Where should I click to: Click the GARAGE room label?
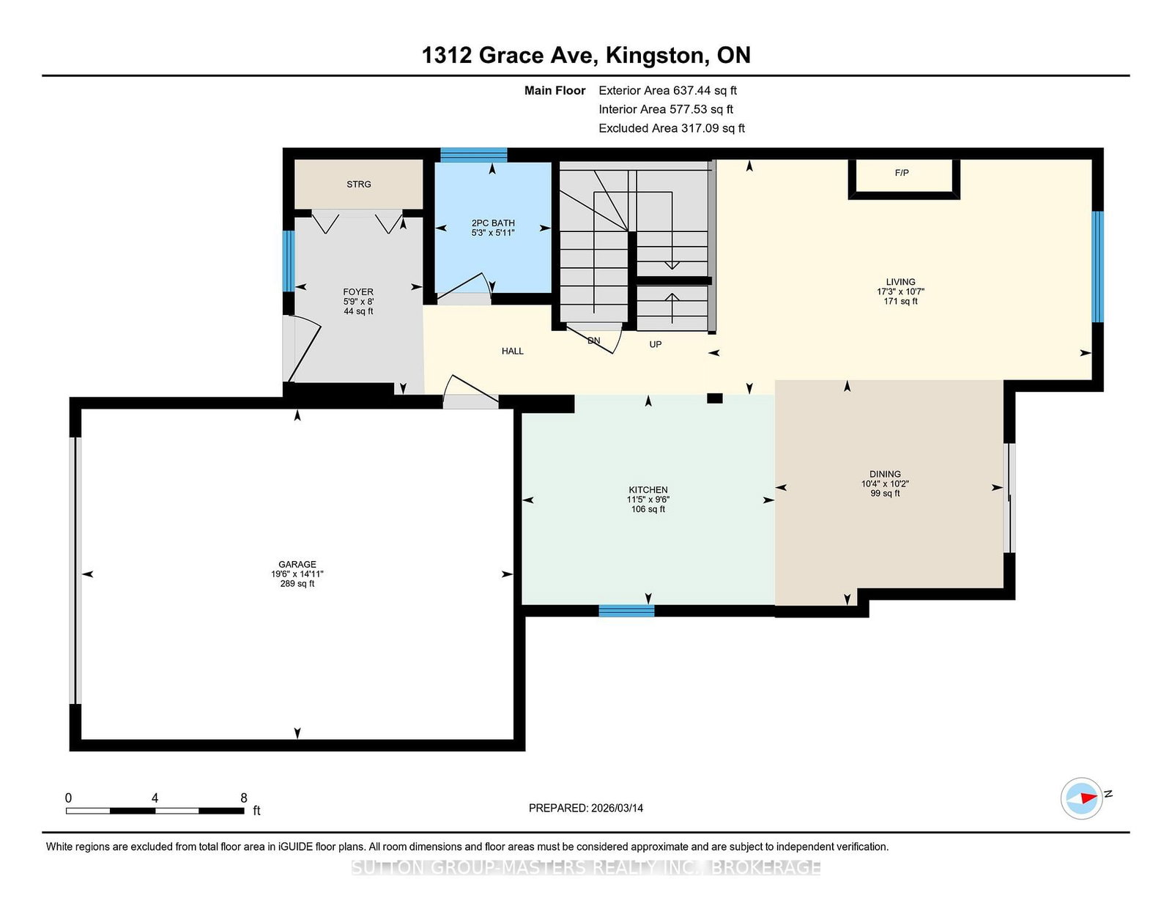click(297, 565)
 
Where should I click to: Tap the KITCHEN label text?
click(648, 490)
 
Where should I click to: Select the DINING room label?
click(885, 474)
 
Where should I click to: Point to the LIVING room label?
click(901, 281)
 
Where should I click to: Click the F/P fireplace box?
click(904, 179)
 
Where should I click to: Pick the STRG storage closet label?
click(359, 185)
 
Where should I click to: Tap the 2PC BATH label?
click(493, 223)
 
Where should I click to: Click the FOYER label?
click(358, 292)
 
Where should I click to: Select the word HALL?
click(512, 351)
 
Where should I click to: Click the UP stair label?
click(656, 344)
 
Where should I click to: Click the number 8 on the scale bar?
click(244, 798)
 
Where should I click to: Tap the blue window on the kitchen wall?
click(626, 611)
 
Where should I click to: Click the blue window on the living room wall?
click(1097, 267)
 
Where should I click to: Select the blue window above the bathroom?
click(473, 155)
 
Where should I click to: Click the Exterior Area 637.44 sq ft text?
click(668, 91)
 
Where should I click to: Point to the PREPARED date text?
click(586, 808)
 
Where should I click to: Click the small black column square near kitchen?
click(715, 398)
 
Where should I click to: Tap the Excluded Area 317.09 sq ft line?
click(672, 128)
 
